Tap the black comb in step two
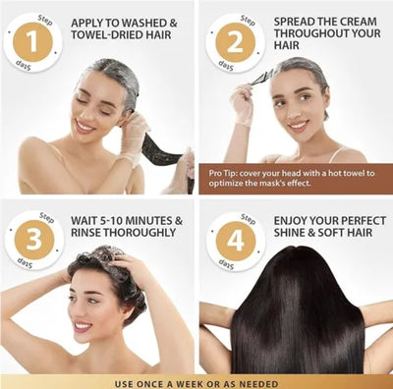click(x=261, y=74)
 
